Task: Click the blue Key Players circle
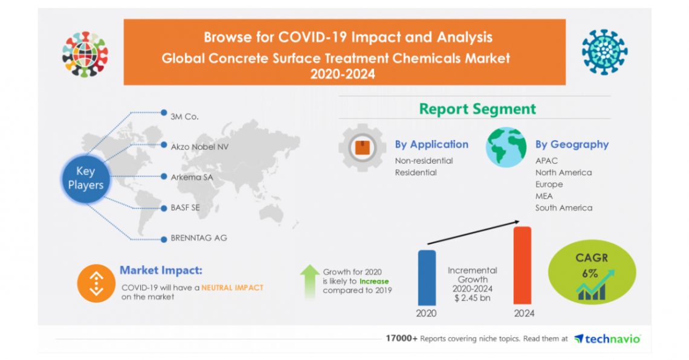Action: pos(85,178)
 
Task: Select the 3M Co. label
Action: pos(184,116)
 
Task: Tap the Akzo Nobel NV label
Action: pos(199,146)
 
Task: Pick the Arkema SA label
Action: pos(192,176)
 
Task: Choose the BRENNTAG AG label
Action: pos(199,237)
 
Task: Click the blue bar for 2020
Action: pos(427,277)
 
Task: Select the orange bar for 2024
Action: pos(522,265)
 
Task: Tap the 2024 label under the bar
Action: pos(524,313)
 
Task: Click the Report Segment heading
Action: pos(477,109)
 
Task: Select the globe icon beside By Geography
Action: pos(506,147)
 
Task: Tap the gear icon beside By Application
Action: pos(362,147)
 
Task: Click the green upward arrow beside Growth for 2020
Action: pos(309,280)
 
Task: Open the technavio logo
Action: pos(606,339)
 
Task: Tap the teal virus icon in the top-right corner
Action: pos(604,52)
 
